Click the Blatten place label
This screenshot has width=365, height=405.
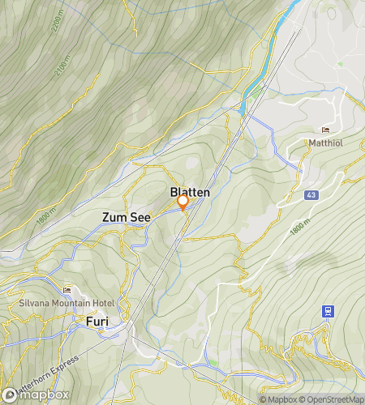(190, 192)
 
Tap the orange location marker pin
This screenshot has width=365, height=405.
(183, 202)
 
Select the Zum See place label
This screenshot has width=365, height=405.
(126, 218)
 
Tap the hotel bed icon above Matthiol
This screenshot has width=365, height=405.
(326, 130)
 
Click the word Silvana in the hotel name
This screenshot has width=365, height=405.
(35, 303)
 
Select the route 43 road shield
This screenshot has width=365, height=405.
(311, 195)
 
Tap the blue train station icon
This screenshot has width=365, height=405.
(328, 310)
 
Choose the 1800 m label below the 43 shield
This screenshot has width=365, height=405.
(301, 229)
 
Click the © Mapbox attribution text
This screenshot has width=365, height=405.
(278, 399)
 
